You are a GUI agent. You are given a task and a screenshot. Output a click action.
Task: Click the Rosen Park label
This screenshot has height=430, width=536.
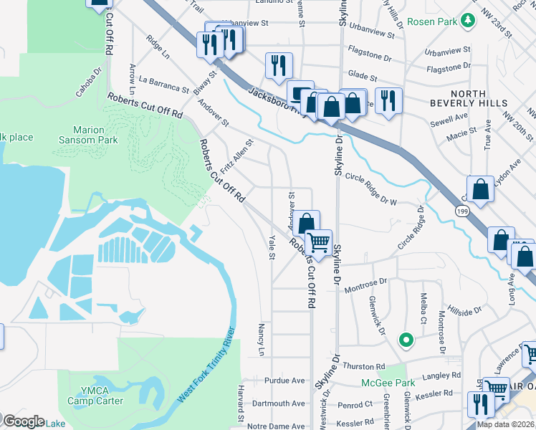click(432, 21)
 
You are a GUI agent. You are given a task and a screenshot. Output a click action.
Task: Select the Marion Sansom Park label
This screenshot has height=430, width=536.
click(89, 135)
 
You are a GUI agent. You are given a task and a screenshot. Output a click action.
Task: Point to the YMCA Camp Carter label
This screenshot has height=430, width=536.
click(100, 396)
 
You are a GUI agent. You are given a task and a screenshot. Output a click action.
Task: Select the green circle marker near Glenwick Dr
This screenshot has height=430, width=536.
click(405, 340)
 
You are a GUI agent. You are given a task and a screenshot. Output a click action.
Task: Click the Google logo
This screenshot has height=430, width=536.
click(24, 421)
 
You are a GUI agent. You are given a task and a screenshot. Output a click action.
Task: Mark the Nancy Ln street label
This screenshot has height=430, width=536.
click(261, 339)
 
